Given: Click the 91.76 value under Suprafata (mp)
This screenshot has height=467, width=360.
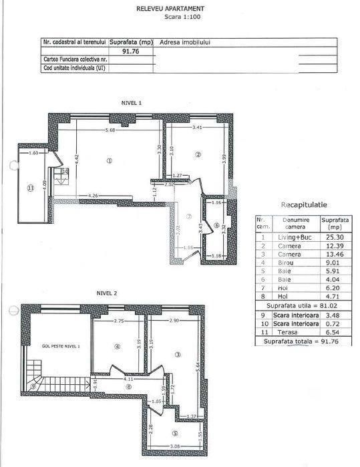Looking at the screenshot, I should point(130,50).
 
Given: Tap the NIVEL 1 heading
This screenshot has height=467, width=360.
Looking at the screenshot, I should point(131,103).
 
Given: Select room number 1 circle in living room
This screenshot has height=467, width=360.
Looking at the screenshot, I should point(108,160).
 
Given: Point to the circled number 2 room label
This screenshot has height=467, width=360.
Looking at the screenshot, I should point(198,155).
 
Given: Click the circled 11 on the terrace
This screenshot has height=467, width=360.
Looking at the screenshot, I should point(30,188).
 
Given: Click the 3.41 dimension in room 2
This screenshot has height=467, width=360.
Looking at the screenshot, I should point(198,127).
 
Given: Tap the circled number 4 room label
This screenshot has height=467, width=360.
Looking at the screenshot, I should point(116,346).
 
